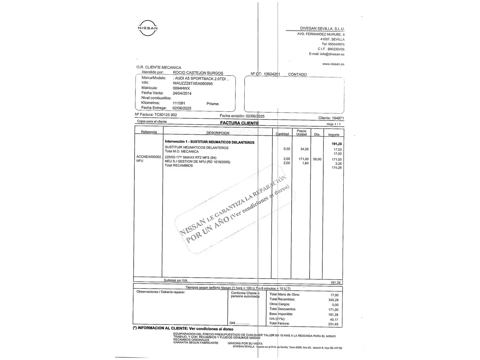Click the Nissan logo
click(x=148, y=28)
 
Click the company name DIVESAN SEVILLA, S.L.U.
click(x=322, y=29)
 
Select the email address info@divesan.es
click(x=332, y=54)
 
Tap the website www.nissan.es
click(x=333, y=64)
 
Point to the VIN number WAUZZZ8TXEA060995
click(x=193, y=84)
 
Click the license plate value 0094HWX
click(x=181, y=88)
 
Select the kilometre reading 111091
click(x=179, y=103)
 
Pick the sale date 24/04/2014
click(x=182, y=93)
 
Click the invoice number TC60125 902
click(x=166, y=115)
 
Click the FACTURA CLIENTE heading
click(x=239, y=123)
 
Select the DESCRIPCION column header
click(x=218, y=133)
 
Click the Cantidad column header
click(x=282, y=134)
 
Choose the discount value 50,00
click(x=317, y=159)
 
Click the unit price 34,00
click(x=304, y=149)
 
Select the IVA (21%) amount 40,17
click(x=334, y=319)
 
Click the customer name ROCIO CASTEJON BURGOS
click(x=198, y=73)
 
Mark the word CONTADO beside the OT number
click(x=297, y=75)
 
